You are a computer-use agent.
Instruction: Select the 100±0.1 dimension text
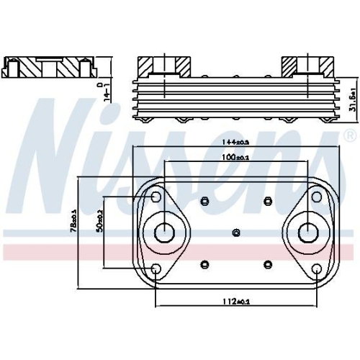235,156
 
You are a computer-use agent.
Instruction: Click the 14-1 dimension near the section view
107,91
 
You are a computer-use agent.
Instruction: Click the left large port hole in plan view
165,232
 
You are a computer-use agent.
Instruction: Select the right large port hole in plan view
307,232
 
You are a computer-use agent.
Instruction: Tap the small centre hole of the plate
236,232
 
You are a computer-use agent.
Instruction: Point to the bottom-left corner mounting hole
156,270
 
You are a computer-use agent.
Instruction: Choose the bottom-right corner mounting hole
317,270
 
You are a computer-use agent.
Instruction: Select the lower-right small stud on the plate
267,264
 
